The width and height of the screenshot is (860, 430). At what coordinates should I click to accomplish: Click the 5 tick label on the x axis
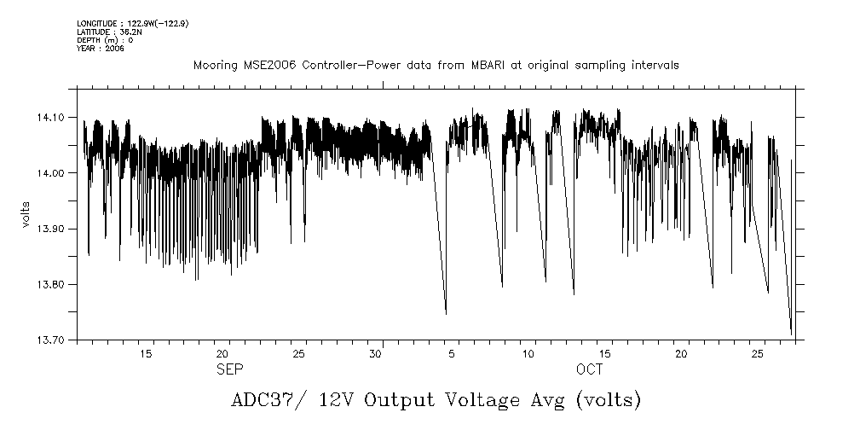click(x=452, y=353)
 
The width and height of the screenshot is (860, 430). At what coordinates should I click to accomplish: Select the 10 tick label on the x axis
click(x=528, y=353)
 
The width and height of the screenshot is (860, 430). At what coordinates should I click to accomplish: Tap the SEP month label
click(x=230, y=369)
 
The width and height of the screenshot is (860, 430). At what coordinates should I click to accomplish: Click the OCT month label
click(x=589, y=369)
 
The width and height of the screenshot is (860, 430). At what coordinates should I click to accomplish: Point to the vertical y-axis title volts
click(x=26, y=214)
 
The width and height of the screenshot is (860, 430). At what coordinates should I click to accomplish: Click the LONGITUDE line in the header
click(x=132, y=23)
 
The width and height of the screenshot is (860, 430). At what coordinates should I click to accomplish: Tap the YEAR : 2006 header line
click(x=101, y=49)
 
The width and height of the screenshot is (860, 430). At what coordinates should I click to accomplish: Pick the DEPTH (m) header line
click(x=105, y=40)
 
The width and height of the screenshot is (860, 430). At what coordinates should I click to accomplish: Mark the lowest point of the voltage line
click(x=791, y=334)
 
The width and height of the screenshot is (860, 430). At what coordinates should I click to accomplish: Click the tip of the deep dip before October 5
click(x=446, y=314)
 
